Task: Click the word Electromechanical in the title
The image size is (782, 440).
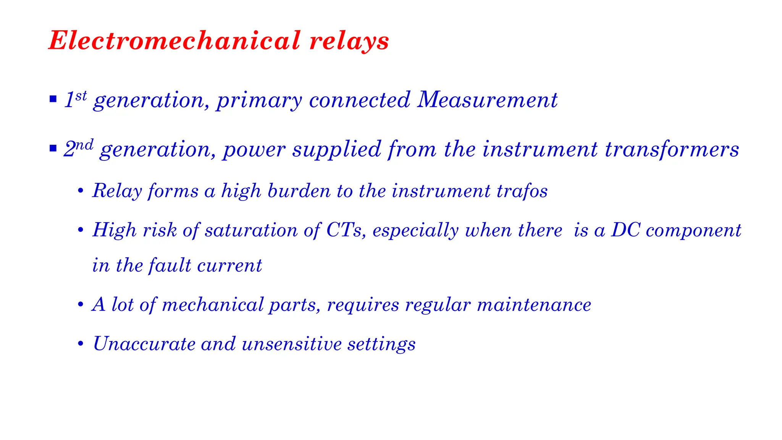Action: (x=174, y=40)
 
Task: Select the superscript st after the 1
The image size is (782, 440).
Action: (x=81, y=95)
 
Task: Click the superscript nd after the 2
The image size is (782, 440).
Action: (x=84, y=145)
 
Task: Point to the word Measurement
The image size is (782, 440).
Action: (x=487, y=100)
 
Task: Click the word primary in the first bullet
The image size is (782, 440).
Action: (x=259, y=101)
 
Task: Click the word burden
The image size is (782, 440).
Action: (x=299, y=191)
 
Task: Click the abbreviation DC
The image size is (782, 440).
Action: (x=625, y=230)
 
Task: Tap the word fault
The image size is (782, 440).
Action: (x=170, y=265)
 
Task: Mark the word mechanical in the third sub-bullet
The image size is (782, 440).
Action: (x=213, y=305)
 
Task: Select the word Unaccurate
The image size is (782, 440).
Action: (x=144, y=344)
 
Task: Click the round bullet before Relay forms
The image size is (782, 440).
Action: (x=80, y=191)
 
